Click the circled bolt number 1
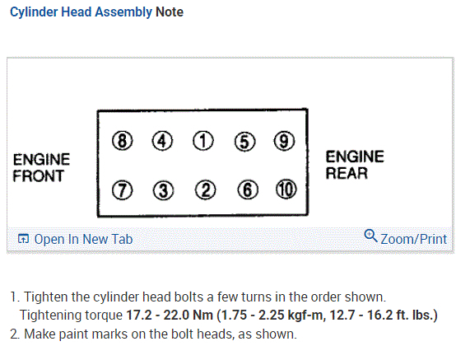pyautogui.click(x=203, y=141)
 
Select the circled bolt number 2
pyautogui.click(x=205, y=190)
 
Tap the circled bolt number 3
pyautogui.click(x=164, y=190)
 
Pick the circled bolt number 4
pyautogui.click(x=162, y=141)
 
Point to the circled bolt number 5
pyautogui.click(x=244, y=142)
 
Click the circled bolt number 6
pyautogui.click(x=248, y=189)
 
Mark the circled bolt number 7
pyautogui.click(x=122, y=190)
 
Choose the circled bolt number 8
pyautogui.click(x=122, y=141)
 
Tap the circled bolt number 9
pyautogui.click(x=284, y=141)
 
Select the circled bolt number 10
pyautogui.click(x=286, y=189)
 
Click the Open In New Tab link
pyautogui.click(x=83, y=240)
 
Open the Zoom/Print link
pyautogui.click(x=413, y=239)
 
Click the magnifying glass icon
pyautogui.click(x=370, y=236)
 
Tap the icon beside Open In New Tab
pyautogui.click(x=23, y=239)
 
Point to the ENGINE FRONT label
pyautogui.click(x=41, y=168)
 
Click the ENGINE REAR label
pyautogui.click(x=355, y=165)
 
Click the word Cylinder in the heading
pyautogui.click(x=34, y=12)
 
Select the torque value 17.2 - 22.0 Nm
pyautogui.click(x=170, y=316)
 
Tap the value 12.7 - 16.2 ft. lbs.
pyautogui.click(x=384, y=316)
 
